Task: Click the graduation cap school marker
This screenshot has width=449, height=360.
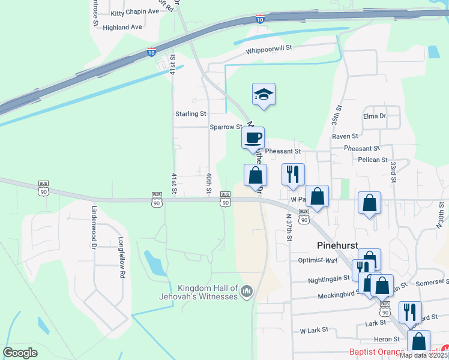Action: (264, 94)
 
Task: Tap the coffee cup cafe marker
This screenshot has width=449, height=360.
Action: (253, 137)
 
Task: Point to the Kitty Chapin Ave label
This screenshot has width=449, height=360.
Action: (136, 13)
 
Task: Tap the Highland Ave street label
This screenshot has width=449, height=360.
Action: (122, 27)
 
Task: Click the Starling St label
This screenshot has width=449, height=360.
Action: (190, 113)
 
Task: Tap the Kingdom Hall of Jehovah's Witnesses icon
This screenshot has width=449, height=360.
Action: (246, 292)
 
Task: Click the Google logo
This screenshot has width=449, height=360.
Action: (20, 353)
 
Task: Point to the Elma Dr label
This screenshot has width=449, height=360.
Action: (374, 116)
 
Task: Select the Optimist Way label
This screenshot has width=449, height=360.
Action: (318, 260)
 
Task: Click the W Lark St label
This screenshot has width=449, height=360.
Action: (315, 330)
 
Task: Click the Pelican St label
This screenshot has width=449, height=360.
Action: (373, 160)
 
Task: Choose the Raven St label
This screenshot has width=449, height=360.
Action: (345, 136)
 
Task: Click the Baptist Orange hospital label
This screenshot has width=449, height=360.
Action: (378, 352)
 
